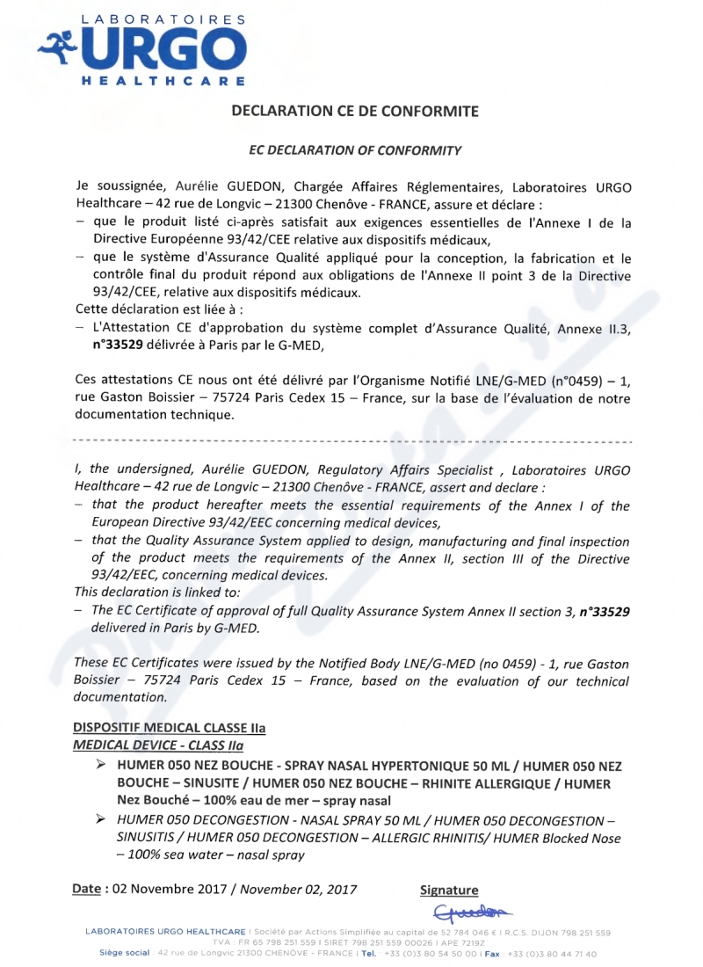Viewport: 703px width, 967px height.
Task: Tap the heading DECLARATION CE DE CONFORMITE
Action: click(354, 112)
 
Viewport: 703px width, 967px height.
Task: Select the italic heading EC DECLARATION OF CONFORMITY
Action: click(355, 150)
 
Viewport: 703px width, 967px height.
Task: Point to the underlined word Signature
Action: click(450, 891)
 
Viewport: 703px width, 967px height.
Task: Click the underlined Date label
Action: click(86, 889)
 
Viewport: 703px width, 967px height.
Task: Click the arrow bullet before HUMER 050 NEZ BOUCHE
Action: click(103, 766)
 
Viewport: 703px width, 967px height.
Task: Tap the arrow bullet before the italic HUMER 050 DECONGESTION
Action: click(103, 819)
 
